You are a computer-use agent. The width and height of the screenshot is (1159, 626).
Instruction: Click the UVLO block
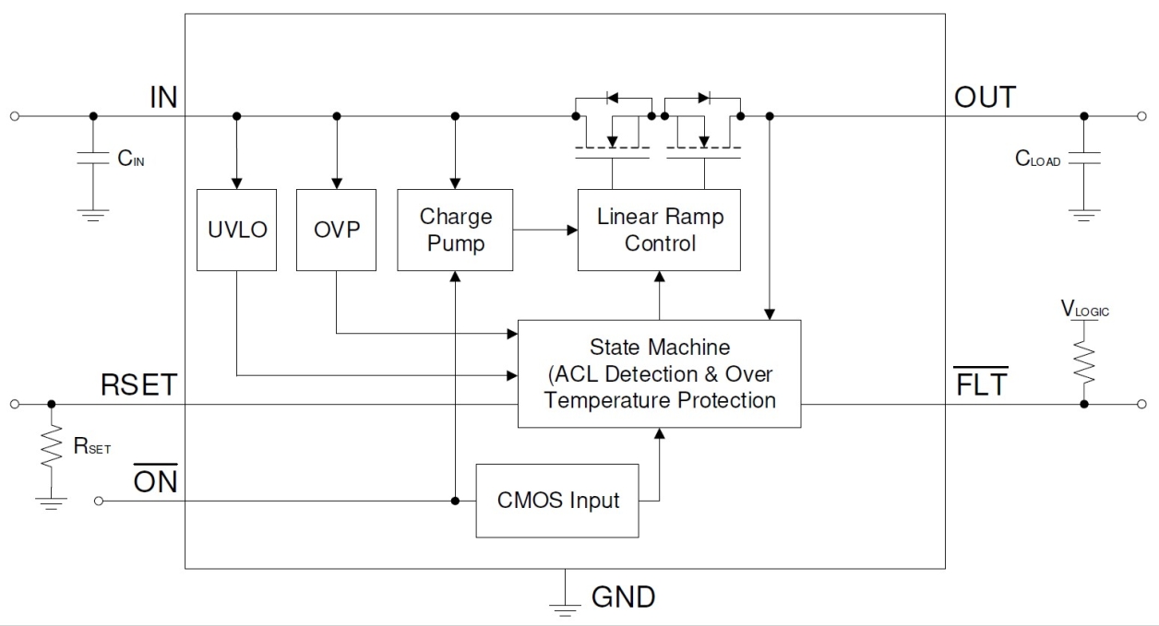[x=236, y=230]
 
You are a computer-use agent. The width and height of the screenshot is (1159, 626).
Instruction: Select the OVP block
[x=336, y=230]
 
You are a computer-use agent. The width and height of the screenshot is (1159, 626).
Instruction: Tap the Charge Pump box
[x=455, y=230]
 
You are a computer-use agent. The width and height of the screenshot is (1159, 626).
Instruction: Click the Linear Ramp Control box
[x=659, y=230]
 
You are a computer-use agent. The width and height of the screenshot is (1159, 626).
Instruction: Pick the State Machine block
[x=659, y=373]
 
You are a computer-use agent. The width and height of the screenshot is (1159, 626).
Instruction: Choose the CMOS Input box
[x=557, y=501]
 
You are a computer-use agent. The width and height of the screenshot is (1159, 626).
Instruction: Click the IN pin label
[x=162, y=97]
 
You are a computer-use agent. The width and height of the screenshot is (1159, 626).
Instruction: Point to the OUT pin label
[x=985, y=97]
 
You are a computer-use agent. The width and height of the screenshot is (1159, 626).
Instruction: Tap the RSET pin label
[x=138, y=385]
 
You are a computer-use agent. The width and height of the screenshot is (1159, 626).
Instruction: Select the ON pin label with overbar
[x=155, y=481]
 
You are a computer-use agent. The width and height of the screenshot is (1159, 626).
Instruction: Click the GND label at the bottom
[x=623, y=596]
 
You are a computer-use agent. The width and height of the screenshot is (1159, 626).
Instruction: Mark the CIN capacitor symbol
[x=92, y=159]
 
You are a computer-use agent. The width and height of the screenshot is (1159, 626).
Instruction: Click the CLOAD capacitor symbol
[x=1084, y=159]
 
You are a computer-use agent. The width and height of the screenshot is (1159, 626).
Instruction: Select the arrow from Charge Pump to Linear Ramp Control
[x=545, y=230]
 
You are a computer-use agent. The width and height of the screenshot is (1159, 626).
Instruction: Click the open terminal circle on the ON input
[x=100, y=501]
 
